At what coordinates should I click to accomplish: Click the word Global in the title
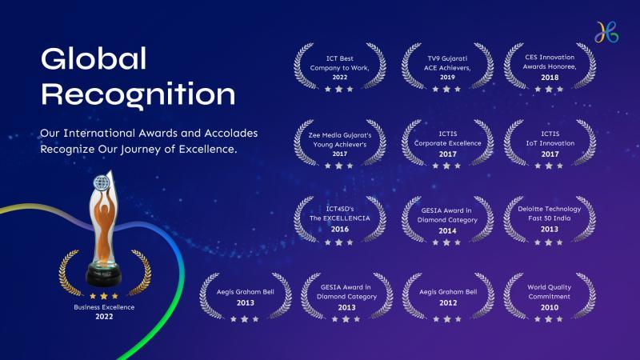click(x=94, y=58)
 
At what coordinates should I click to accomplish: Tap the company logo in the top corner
click(x=606, y=32)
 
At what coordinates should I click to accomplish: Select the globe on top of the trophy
click(x=102, y=182)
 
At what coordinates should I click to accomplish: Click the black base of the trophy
click(x=104, y=275)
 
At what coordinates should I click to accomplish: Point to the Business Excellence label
click(x=104, y=307)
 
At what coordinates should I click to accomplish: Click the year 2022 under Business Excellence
click(x=104, y=316)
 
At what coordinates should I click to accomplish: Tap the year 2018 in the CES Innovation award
click(x=550, y=77)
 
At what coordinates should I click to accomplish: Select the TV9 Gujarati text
click(x=447, y=58)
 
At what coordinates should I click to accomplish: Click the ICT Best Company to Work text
click(x=339, y=63)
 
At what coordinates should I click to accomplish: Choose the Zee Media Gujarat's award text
click(x=339, y=139)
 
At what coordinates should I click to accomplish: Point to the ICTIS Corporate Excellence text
click(x=447, y=138)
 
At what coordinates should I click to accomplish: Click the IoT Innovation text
click(x=550, y=143)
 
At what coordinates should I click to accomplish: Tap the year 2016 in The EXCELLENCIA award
click(x=339, y=229)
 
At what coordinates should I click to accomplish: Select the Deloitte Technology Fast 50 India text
click(x=550, y=214)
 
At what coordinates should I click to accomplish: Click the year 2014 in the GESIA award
click(x=447, y=230)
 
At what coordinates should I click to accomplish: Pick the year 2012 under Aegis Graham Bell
click(x=448, y=302)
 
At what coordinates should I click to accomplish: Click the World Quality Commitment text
click(x=550, y=292)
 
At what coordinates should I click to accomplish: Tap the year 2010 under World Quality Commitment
click(x=550, y=307)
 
